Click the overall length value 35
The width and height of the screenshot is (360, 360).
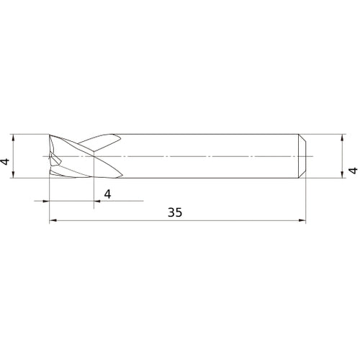click(175, 212)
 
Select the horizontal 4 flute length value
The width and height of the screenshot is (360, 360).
click(108, 193)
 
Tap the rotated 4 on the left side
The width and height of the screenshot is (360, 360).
click(6, 161)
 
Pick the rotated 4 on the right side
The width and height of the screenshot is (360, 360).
click(352, 171)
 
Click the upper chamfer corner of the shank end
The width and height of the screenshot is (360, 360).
click(303, 136)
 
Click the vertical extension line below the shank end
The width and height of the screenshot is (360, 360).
click(306, 202)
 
